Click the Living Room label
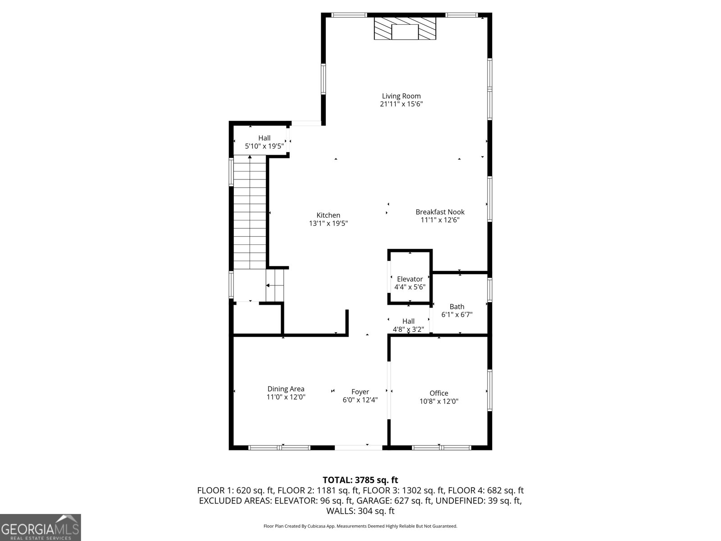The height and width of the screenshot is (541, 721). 401,96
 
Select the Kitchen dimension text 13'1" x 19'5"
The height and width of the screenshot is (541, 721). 328,223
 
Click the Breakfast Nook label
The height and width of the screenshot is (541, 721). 440,212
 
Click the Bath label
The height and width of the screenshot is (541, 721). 456,307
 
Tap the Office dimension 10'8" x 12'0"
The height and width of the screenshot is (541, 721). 438,401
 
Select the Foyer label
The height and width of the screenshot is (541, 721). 360,392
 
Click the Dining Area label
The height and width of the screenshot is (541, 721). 286,389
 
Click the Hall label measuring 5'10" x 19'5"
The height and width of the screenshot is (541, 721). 264,138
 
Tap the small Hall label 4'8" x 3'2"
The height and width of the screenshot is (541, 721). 408,321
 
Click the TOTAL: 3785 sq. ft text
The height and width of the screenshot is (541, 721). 360,480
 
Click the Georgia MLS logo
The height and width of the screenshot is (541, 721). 40,527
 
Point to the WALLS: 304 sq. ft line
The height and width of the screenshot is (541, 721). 360,511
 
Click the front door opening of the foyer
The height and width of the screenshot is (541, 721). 359,447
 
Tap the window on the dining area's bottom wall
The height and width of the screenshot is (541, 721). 279,448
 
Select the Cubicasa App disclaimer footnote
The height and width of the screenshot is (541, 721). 360,526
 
